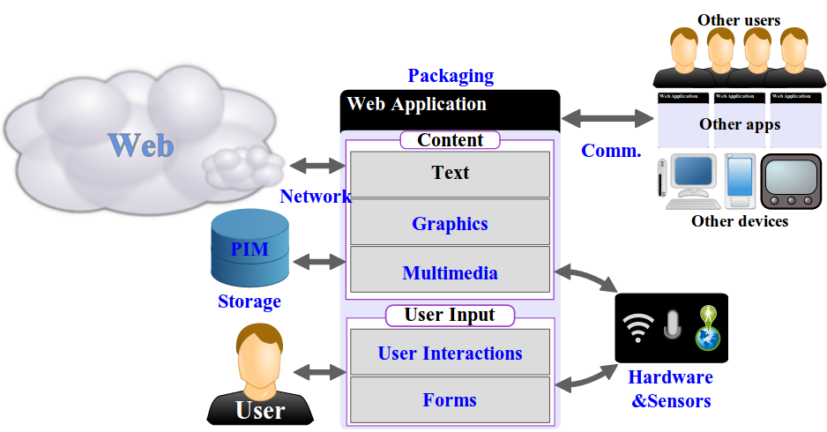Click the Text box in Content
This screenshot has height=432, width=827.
click(x=450, y=173)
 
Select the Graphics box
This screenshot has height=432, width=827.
click(x=450, y=223)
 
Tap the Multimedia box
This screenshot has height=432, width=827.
click(x=450, y=273)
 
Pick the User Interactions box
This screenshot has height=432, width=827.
click(x=450, y=353)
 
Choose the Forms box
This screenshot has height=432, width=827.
click(x=450, y=400)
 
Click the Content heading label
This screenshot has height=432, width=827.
click(x=450, y=140)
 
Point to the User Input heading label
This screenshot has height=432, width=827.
click(x=450, y=315)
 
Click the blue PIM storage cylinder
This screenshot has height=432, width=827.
click(x=250, y=250)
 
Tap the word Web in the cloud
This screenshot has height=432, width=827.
click(x=141, y=145)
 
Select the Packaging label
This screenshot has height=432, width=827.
click(x=451, y=76)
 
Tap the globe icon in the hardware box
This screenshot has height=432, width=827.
click(x=707, y=329)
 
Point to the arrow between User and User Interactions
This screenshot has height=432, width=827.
click(x=323, y=373)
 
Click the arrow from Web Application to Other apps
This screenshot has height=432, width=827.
click(x=608, y=117)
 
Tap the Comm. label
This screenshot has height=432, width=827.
click(x=611, y=151)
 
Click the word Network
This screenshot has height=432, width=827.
click(x=315, y=197)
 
